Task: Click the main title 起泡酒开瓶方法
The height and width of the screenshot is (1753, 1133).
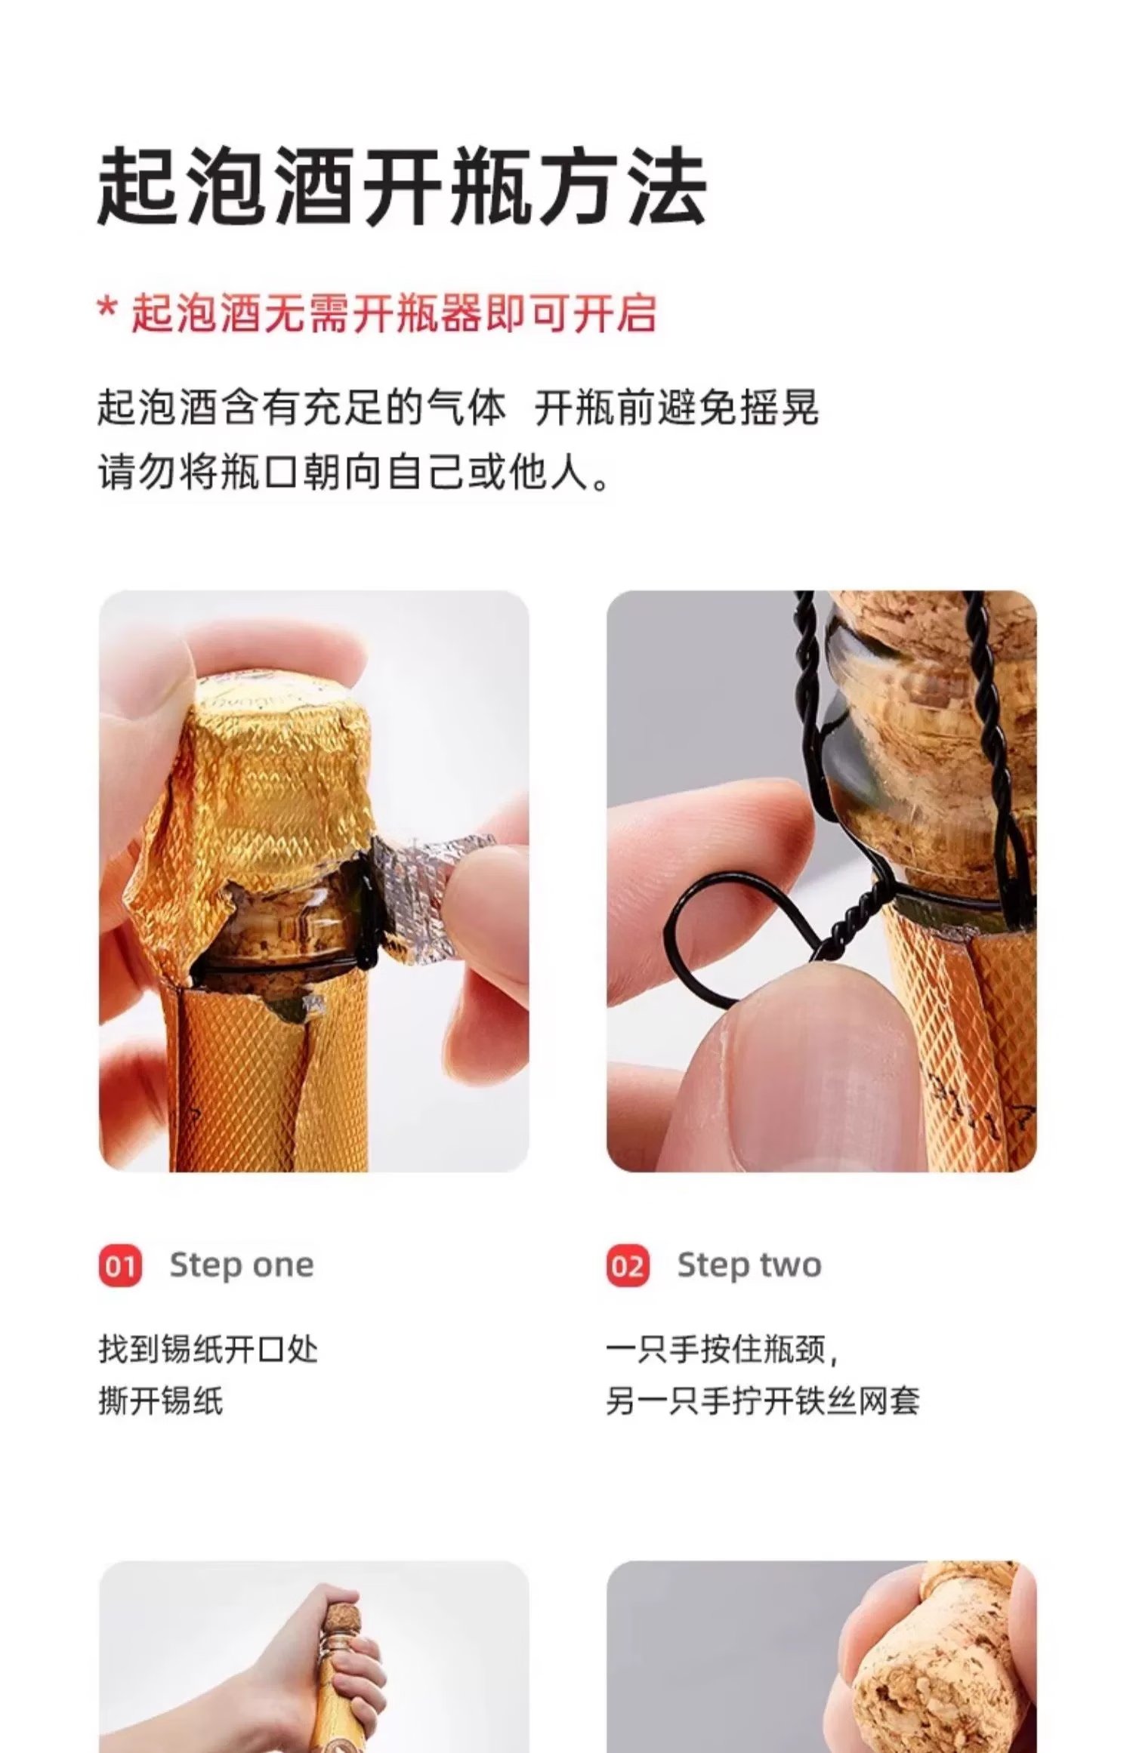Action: tap(402, 187)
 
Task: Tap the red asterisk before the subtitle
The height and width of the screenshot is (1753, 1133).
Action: tap(108, 310)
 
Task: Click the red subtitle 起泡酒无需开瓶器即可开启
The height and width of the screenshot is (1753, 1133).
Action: tap(394, 313)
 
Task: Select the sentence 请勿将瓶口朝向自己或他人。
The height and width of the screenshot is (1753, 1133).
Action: tap(353, 473)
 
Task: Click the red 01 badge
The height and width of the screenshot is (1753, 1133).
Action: tap(120, 1265)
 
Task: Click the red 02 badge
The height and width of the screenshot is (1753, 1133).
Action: tap(627, 1265)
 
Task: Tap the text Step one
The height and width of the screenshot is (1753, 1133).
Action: tap(241, 1265)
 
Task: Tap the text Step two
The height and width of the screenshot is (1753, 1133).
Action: tap(749, 1265)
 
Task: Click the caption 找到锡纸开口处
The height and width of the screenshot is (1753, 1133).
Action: tap(208, 1349)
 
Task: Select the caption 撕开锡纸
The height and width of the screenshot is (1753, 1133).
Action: tap(161, 1401)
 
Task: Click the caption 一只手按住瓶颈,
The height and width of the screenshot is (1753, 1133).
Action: tap(721, 1349)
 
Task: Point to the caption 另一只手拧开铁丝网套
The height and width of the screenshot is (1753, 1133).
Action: tap(762, 1401)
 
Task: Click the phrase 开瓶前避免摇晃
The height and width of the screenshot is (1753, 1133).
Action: tap(676, 408)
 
